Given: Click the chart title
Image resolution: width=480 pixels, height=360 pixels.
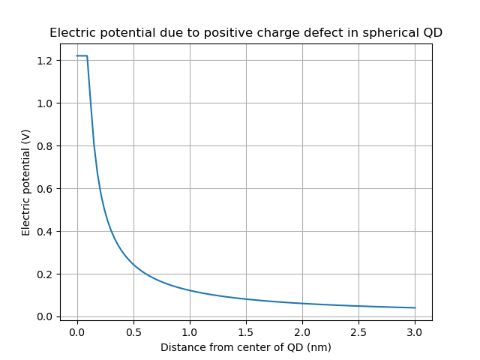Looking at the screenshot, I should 246,33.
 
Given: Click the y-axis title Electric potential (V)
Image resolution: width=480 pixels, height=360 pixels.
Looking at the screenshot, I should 26,182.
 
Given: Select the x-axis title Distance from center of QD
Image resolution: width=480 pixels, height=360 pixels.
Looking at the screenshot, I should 246,347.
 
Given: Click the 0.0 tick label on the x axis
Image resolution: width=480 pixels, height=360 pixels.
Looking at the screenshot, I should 77,331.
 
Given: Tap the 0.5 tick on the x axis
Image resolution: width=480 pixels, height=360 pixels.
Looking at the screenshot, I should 133,331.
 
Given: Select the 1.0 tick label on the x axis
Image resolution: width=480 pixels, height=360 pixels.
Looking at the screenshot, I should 190,331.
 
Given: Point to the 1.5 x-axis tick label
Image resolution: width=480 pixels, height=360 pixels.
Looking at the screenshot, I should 246,331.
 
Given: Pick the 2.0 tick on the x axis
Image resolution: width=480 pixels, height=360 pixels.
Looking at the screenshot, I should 302,331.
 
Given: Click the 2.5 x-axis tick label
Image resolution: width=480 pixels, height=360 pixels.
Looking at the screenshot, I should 358,331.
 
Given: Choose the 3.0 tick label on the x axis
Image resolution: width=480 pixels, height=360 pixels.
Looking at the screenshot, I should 415,331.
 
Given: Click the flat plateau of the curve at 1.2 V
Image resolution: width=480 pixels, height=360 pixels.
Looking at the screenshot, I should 82,55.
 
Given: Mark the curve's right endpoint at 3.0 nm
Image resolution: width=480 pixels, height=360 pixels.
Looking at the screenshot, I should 415,307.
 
